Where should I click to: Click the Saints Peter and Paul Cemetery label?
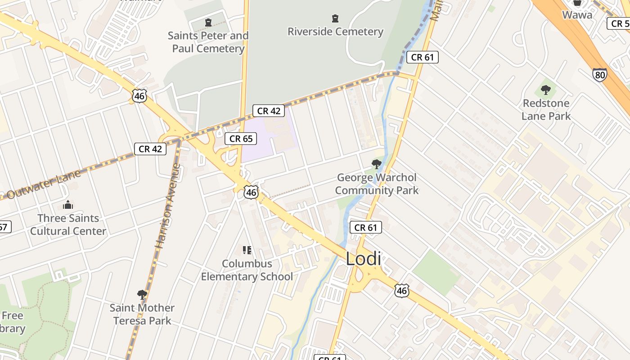pos(208,42)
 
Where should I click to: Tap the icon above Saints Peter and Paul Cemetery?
pos(208,22)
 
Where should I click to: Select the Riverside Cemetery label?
pos(335,31)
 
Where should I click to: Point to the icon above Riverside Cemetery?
pos(335,18)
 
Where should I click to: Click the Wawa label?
pos(577,14)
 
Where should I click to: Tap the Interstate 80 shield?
pos(599,74)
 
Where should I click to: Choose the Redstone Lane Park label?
pos(546,109)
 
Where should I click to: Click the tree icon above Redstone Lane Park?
pos(546,90)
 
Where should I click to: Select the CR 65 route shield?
pos(241,139)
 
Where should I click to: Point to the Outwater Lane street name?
pos(44,185)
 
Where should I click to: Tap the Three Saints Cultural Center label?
pos(68,225)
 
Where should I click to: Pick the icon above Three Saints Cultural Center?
pos(68,205)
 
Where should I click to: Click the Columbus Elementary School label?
pos(247,270)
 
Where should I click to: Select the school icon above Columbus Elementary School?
pos(247,250)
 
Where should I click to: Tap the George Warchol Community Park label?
pos(377,184)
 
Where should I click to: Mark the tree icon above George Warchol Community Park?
pos(377,164)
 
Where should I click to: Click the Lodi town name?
pos(363,259)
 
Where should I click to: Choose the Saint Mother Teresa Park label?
pos(142,314)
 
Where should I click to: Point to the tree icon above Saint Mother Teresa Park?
pos(142,295)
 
